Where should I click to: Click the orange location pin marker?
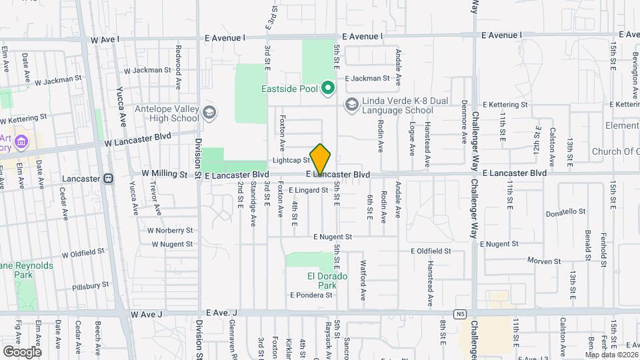[321, 159]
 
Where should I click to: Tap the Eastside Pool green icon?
[327, 87]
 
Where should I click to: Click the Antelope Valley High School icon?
[210, 112]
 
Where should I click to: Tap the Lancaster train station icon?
[109, 178]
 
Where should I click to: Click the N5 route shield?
[460, 313]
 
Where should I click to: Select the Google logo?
[22, 351]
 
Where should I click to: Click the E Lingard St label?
[309, 190]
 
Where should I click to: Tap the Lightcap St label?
[291, 161]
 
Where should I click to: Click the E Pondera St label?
[311, 295]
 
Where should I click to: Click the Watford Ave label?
[363, 279]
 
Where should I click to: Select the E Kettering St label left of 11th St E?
[505, 105]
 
